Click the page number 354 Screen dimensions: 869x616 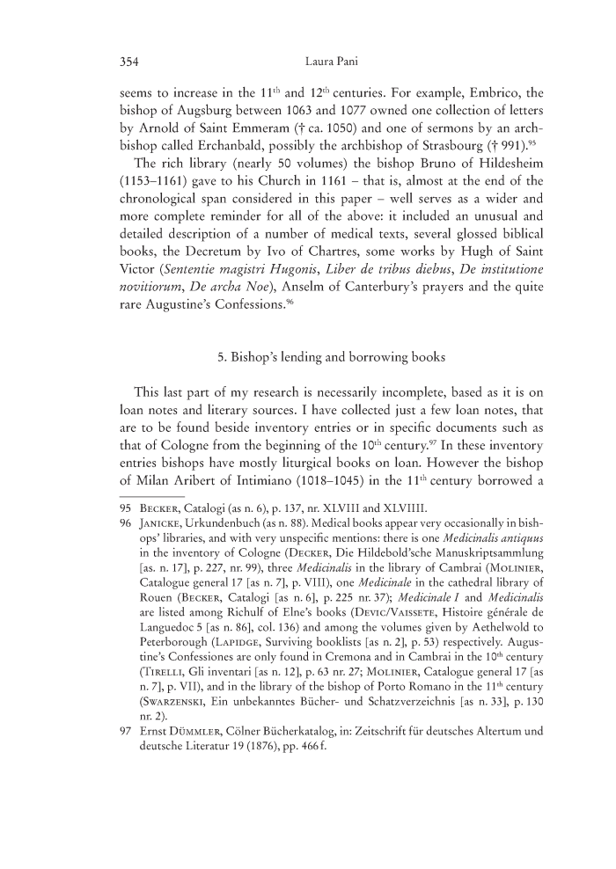129,62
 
